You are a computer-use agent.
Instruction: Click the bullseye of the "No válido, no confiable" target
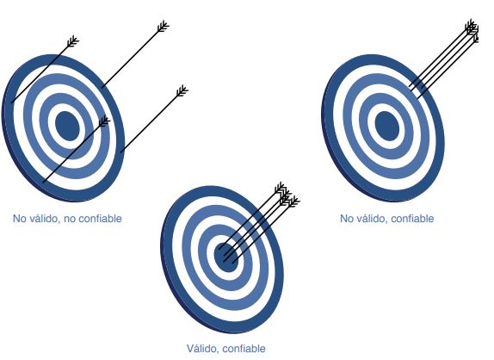[x=67, y=126]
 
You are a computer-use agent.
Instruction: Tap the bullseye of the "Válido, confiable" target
[x=225, y=257]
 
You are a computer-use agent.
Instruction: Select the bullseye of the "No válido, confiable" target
[x=387, y=126]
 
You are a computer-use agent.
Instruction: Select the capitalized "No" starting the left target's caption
[x=20, y=219]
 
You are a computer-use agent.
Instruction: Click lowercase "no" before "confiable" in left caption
[x=70, y=219]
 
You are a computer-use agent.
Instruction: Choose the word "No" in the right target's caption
[x=347, y=219]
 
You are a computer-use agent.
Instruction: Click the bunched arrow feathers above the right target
[x=472, y=31]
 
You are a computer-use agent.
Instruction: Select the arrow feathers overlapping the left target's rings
[x=104, y=121]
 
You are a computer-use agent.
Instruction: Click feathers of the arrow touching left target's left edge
[x=73, y=41]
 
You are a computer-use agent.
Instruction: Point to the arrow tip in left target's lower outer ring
[x=44, y=182]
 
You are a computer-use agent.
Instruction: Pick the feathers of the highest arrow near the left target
[x=164, y=26]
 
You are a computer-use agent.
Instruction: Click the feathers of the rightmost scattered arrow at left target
[x=182, y=90]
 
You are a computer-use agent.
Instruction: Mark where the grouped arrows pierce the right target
[x=415, y=90]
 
